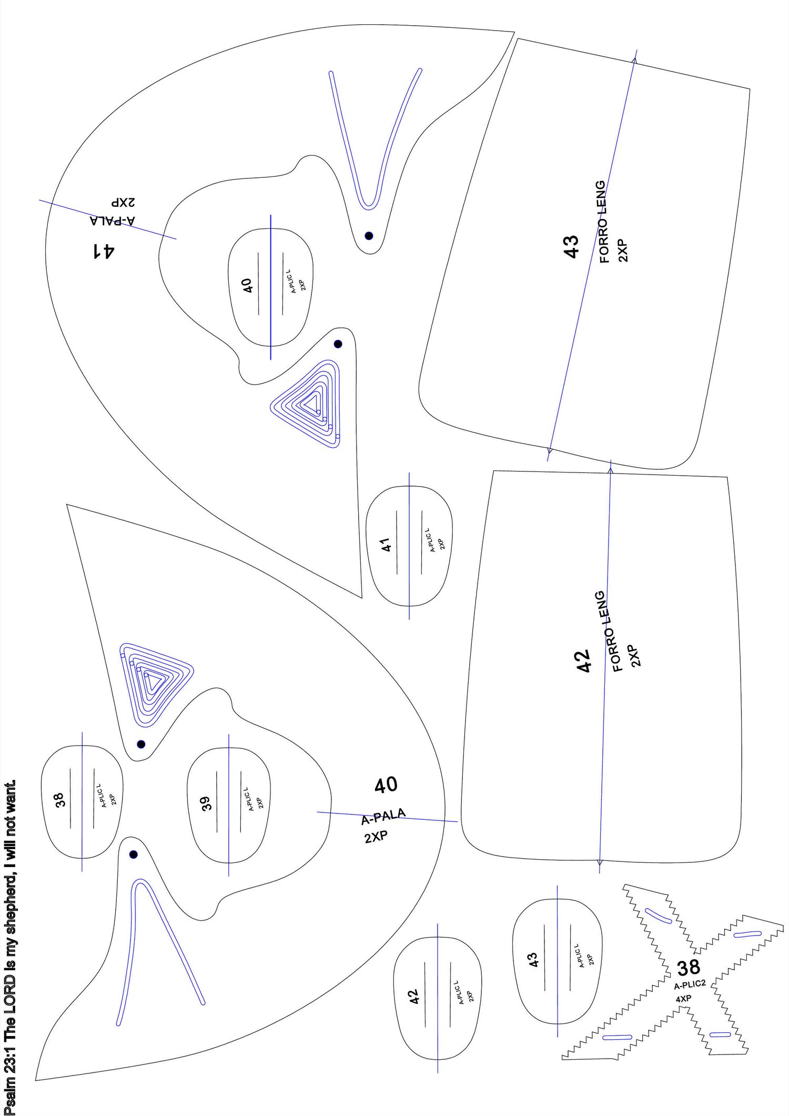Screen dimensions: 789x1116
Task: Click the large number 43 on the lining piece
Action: pos(571,246)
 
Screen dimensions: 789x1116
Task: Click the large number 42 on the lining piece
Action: pos(584,661)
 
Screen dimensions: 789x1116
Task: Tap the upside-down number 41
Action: pos(104,250)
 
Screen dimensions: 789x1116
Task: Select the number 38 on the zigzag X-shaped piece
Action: pos(689,967)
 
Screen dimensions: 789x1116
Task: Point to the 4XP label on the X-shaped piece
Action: pos(683,998)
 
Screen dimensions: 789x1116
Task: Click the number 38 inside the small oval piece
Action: pos(59,800)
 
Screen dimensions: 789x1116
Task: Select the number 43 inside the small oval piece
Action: pos(533,959)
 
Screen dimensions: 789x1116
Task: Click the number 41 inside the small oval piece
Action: pos(387,545)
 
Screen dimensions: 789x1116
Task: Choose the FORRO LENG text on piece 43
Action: pos(602,222)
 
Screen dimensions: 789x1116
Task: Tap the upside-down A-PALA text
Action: pos(113,220)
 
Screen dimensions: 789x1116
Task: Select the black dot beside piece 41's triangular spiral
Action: pos(338,344)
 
